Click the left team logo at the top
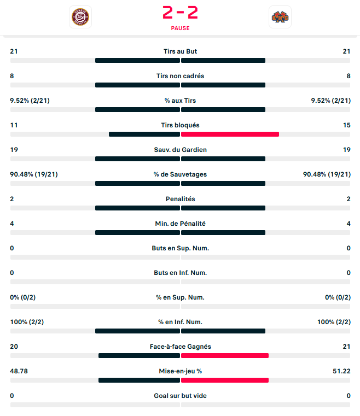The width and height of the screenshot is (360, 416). (x=80, y=17)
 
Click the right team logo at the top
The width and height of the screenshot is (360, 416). (x=280, y=17)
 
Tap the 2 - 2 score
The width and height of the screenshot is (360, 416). (x=180, y=11)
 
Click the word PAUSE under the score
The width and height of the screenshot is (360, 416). (x=180, y=28)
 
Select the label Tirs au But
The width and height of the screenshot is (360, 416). (x=180, y=51)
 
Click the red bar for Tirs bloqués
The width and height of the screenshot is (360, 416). (x=230, y=134)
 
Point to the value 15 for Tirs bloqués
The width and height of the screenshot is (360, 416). (x=346, y=125)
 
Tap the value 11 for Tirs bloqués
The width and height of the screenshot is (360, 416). (x=14, y=125)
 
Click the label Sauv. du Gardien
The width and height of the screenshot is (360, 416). (x=180, y=150)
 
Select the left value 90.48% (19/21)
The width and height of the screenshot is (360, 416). (x=34, y=174)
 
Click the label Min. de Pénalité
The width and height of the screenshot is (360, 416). (x=180, y=224)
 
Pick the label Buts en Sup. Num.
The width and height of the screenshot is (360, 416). (x=180, y=248)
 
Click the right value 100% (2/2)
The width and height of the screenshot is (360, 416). (x=334, y=322)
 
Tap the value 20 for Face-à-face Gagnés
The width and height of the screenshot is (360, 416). (x=14, y=347)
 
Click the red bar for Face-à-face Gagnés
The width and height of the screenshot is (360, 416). (x=224, y=355)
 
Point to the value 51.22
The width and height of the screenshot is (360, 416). (x=341, y=371)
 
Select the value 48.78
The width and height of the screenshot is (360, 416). (x=20, y=371)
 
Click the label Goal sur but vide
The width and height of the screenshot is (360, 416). (x=180, y=396)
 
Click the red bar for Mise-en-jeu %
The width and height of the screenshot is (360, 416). (x=224, y=380)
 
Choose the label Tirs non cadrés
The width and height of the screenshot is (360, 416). (x=180, y=76)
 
